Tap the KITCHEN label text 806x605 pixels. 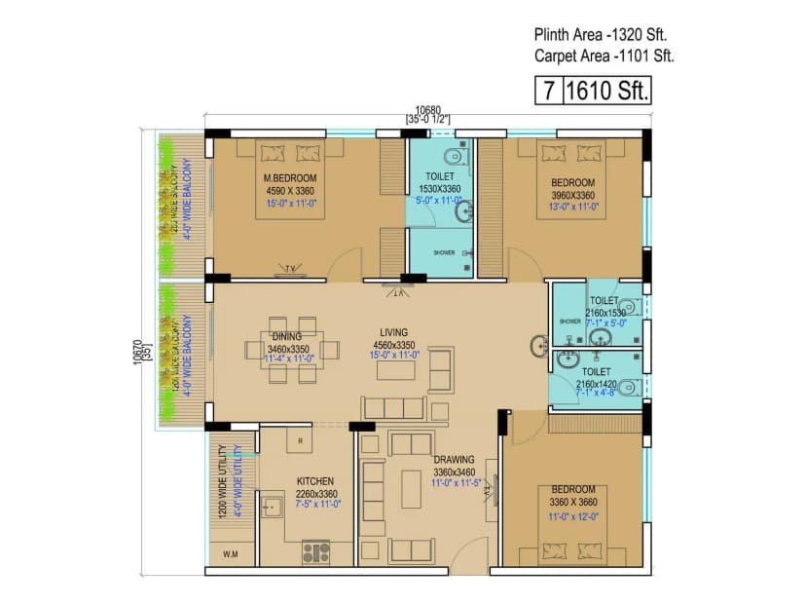coord(315,480)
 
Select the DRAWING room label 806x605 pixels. coord(454,460)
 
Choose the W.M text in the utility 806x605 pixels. coord(231,555)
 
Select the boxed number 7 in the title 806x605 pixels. coord(549,92)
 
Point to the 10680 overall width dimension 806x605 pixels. coord(427,109)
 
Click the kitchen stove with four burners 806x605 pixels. coord(315,552)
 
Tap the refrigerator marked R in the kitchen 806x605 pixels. coord(300,440)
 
